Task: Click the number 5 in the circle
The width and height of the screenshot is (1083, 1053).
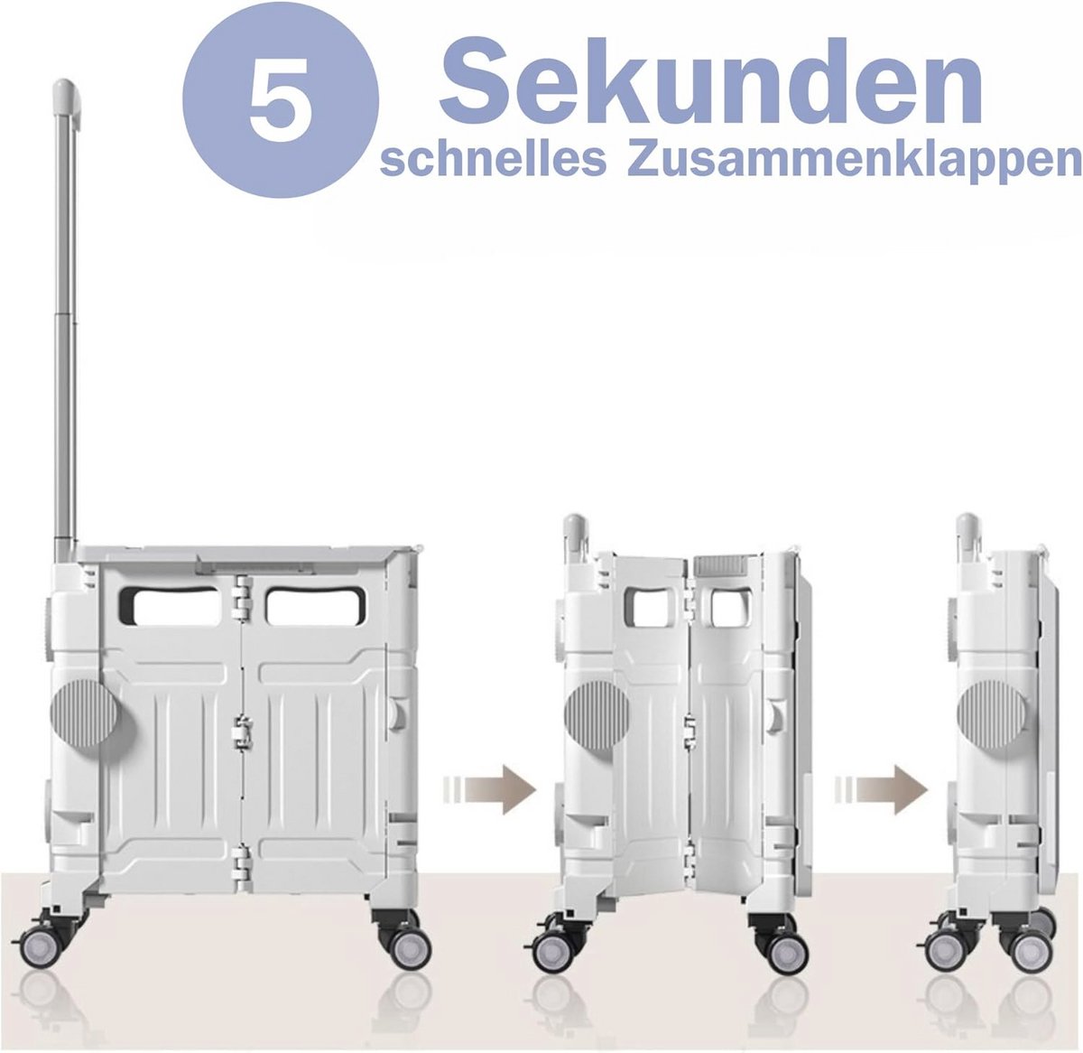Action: point(280,100)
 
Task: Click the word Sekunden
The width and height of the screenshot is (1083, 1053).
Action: point(710,82)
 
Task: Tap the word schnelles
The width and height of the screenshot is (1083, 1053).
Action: point(493,161)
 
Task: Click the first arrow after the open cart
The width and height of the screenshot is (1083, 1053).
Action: point(490,789)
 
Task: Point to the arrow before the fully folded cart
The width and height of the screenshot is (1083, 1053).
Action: point(882,789)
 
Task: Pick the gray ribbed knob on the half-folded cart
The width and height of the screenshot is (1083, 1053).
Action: point(597,717)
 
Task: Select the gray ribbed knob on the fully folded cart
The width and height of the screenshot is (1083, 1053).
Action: point(992,714)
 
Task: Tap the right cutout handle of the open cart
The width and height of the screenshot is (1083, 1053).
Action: point(316,607)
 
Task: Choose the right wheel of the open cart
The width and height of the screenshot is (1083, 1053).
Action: point(410,948)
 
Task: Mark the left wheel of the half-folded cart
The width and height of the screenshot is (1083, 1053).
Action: point(552,951)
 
